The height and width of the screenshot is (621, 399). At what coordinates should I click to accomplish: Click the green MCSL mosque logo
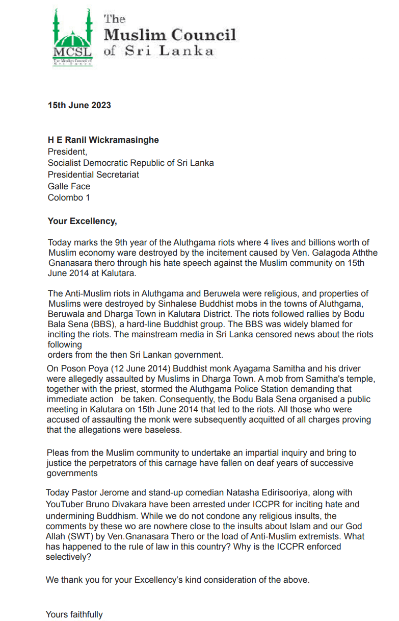coord(72,36)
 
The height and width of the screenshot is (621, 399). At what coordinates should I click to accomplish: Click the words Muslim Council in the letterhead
coord(170,35)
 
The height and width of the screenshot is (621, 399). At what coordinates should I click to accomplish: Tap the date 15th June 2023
coord(79,106)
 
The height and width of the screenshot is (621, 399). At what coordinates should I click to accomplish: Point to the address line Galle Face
coord(69,186)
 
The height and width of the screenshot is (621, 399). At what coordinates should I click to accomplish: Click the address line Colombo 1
coord(69,197)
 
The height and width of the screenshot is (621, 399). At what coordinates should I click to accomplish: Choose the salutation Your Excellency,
coord(82,221)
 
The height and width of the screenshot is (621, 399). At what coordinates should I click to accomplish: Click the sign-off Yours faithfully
coord(74,614)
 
